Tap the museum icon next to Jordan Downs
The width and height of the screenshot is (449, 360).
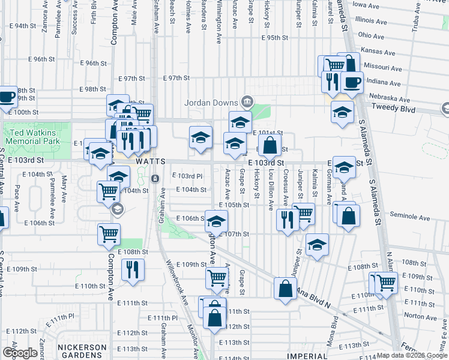click(246, 101)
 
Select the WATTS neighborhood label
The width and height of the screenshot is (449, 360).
click(146, 161)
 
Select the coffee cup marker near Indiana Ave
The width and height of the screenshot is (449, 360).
click(352, 82)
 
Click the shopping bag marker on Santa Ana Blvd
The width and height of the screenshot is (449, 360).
click(285, 289)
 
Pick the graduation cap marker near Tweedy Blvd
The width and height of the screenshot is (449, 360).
click(343, 112)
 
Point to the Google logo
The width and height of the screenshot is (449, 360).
click(20, 353)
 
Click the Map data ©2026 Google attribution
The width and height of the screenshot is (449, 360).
click(412, 355)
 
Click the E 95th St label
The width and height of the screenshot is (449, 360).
click(275, 38)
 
